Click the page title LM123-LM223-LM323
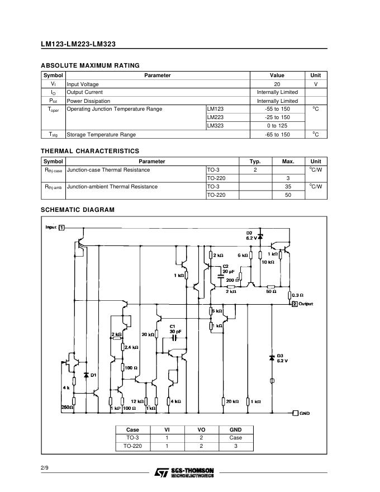[x=78, y=44]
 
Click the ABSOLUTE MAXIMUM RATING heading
[x=90, y=65]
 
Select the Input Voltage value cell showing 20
[x=277, y=84]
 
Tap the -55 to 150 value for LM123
[x=277, y=109]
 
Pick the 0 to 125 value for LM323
[x=277, y=126]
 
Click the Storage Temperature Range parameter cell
[x=101, y=135]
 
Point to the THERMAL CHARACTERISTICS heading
[x=90, y=151]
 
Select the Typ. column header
[x=255, y=161]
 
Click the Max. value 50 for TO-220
[x=288, y=195]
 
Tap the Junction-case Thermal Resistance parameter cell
[x=108, y=170]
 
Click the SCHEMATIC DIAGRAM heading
[x=78, y=210]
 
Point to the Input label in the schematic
[x=51, y=228]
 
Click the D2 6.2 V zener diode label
[x=250, y=235]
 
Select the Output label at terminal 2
[x=306, y=304]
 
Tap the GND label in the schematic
[x=305, y=413]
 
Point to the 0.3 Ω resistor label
[x=298, y=295]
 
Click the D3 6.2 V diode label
[x=282, y=358]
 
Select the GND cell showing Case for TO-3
[x=236, y=438]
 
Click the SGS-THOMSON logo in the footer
[x=184, y=472]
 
